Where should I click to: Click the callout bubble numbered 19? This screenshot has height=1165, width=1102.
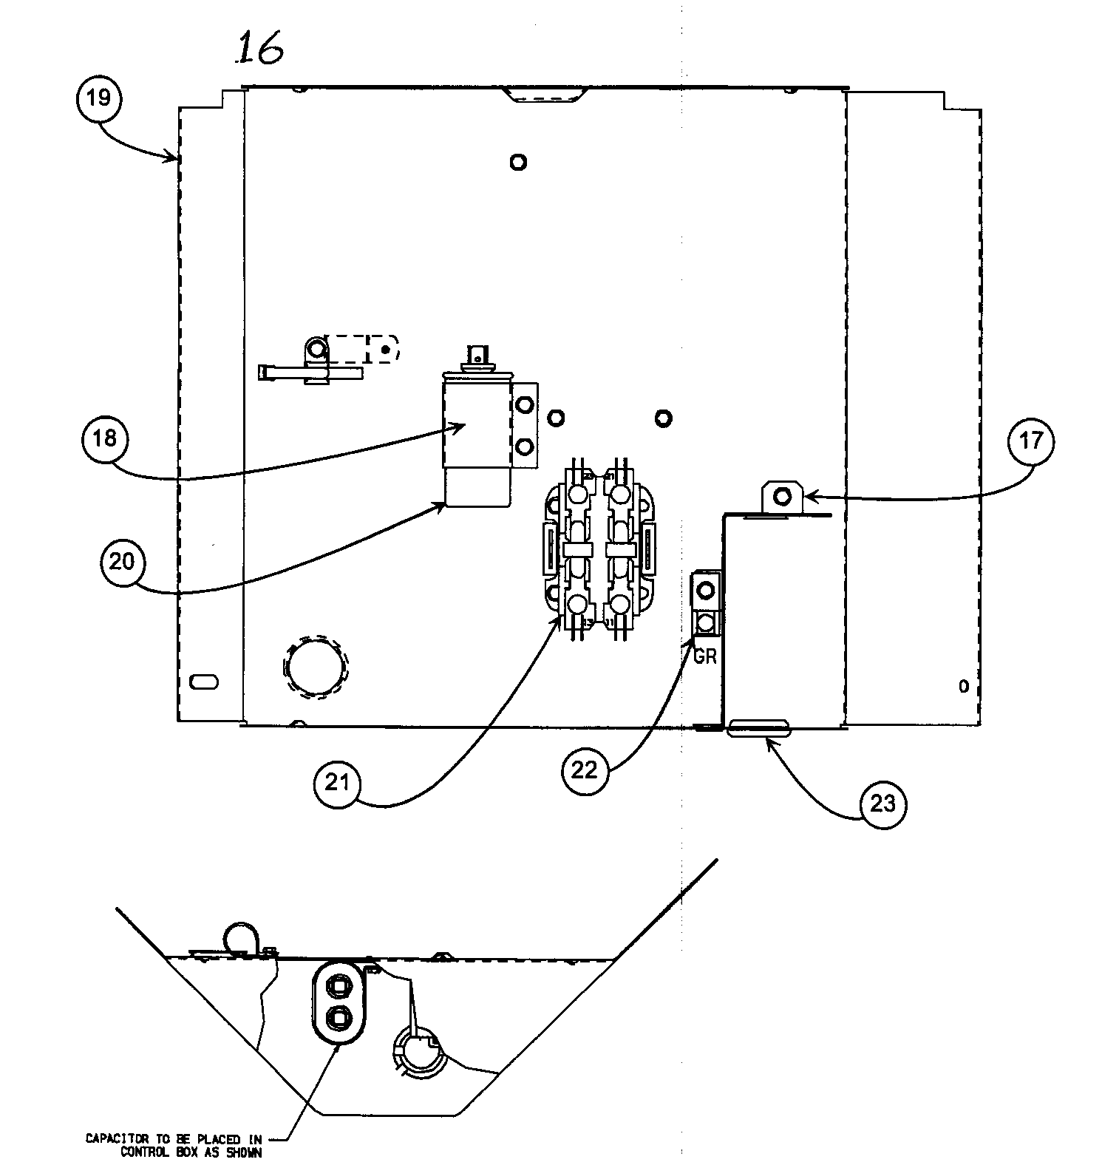pos(98,98)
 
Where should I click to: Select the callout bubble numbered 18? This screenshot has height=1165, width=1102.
pos(105,439)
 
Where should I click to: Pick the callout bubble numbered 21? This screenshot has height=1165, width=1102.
pos(337,783)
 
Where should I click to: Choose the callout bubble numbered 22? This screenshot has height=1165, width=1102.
pos(585,770)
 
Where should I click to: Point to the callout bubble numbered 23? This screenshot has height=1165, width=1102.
pos(883,804)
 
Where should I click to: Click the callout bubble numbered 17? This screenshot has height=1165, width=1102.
pos(1031,441)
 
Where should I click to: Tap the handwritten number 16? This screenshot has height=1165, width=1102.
pos(258,50)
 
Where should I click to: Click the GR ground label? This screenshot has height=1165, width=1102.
pos(704,656)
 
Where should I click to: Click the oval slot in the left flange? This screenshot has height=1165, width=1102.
pos(203,682)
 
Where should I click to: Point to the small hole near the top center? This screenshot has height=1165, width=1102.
pos(518,162)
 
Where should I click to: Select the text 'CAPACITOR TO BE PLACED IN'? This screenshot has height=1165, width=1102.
pos(173,1139)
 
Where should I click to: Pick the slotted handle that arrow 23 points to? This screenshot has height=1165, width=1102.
pos(759,729)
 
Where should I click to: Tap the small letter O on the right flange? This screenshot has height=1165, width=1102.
pos(963,687)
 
